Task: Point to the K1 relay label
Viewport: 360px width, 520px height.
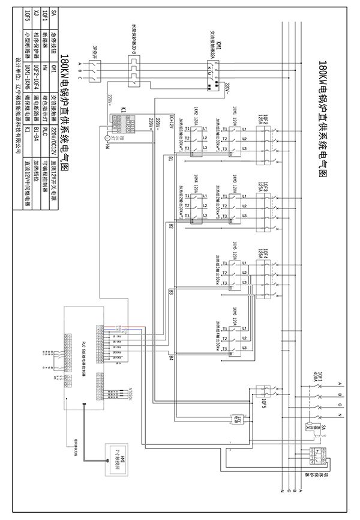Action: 123,111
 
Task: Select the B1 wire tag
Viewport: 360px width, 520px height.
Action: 171,159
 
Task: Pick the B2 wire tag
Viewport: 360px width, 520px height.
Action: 171,226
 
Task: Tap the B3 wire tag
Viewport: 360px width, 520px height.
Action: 171,292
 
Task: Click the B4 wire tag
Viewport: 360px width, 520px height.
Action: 171,358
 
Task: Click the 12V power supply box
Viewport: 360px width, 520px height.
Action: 237,418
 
